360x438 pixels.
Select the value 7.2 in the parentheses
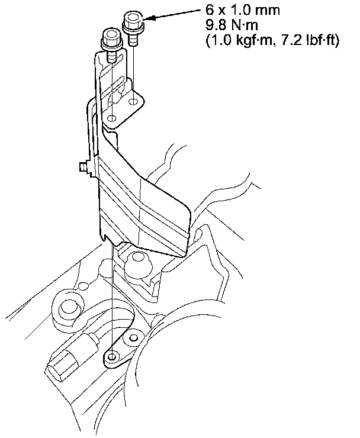(292, 40)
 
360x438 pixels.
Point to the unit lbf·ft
(320, 40)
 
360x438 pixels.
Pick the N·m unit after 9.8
(245, 25)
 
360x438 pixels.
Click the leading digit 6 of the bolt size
(210, 10)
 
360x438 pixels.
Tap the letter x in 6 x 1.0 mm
(221, 12)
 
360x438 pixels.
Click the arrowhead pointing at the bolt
(150, 18)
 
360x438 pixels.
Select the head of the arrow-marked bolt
(134, 21)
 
